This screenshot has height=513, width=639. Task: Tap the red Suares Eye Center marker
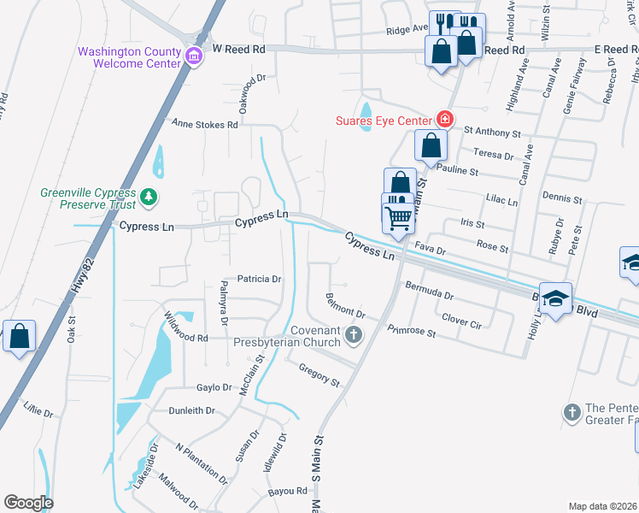point(443,119)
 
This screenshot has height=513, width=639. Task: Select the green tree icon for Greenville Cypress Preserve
point(149,198)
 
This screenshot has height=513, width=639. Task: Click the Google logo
point(28,503)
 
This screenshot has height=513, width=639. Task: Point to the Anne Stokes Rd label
point(205,124)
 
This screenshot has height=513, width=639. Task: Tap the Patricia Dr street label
point(259,279)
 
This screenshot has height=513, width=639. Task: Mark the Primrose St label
point(412,330)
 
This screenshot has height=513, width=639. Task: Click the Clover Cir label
point(462,319)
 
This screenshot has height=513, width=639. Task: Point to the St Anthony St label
point(492,133)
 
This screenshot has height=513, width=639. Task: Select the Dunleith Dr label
point(191,410)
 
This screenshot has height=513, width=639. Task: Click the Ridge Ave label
point(407,28)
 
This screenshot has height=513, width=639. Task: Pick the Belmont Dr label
point(345,306)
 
